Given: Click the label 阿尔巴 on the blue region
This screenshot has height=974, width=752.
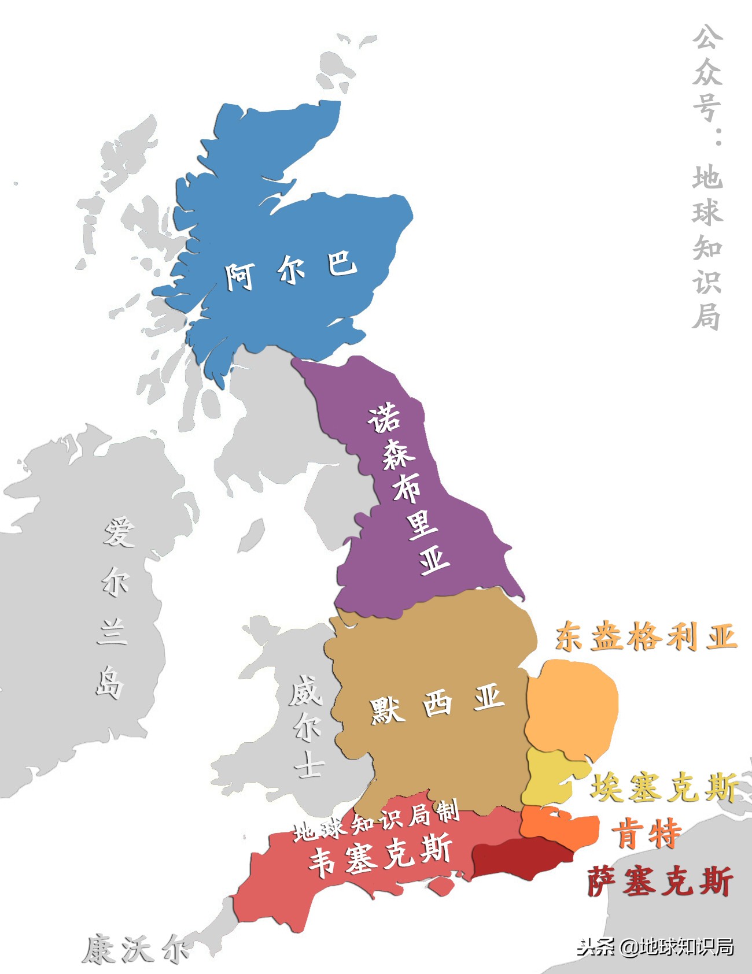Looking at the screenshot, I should (290, 270).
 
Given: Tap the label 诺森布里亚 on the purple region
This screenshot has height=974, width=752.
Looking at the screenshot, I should (408, 489).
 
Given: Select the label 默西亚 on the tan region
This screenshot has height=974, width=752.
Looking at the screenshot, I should (437, 705).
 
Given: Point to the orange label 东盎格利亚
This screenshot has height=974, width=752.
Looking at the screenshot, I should (646, 637).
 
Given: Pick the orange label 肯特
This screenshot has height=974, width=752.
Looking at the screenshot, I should (647, 834).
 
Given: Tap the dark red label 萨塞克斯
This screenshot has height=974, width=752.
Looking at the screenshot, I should (660, 882).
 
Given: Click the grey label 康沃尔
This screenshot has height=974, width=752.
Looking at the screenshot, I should (135, 950).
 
